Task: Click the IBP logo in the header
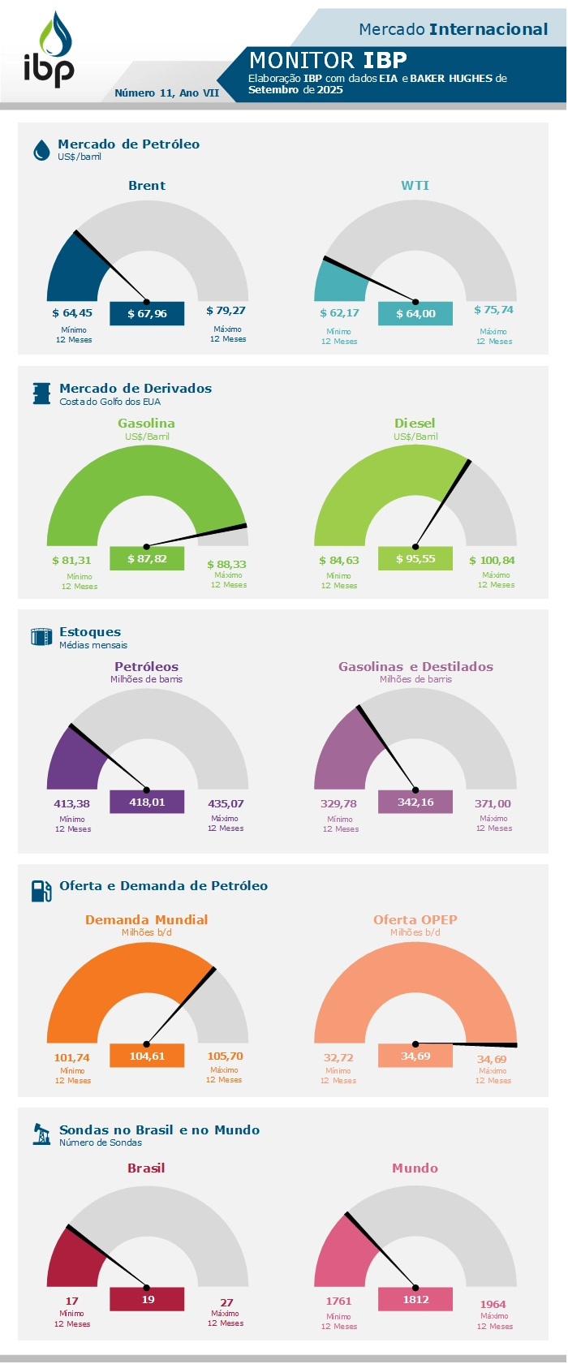tap(49, 50)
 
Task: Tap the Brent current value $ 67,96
tap(147, 314)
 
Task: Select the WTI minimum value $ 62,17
tap(339, 313)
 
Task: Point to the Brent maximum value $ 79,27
tap(226, 311)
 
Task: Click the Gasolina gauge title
tap(146, 424)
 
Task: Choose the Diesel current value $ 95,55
tap(415, 559)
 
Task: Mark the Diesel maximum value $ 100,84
tap(492, 561)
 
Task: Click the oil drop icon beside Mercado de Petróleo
tap(41, 150)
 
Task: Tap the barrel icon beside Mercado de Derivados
tap(41, 394)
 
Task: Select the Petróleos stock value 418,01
tap(147, 802)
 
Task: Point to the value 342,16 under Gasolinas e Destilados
tap(415, 802)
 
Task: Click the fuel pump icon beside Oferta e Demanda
tap(41, 891)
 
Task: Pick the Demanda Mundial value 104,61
tap(147, 1056)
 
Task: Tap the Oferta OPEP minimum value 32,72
tap(338, 1058)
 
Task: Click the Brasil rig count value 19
tap(148, 1299)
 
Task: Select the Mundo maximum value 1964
tap(493, 1305)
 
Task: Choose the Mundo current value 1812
tap(415, 1299)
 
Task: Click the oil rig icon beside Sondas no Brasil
tap(41, 1134)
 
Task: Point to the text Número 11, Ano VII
tap(167, 93)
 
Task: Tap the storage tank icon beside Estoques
tap(41, 636)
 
